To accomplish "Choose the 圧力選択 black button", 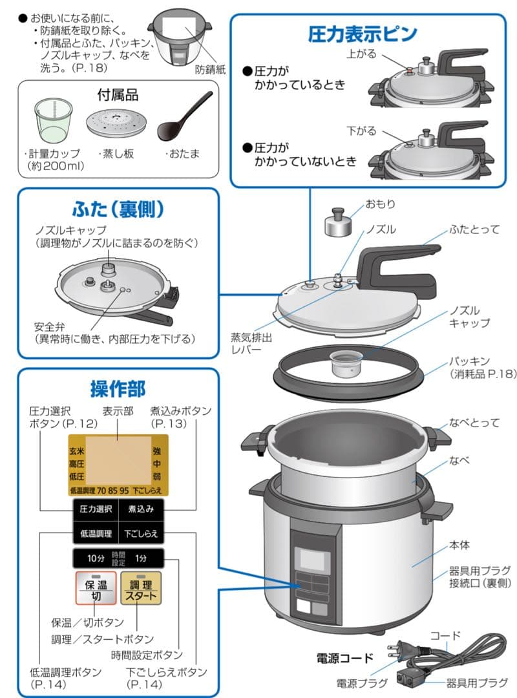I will [x=95, y=509].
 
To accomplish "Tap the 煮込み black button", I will [x=141, y=509].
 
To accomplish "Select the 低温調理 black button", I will [x=95, y=533].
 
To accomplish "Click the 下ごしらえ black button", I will [x=141, y=533].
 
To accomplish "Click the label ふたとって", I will [x=474, y=229].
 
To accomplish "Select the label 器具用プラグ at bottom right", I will [x=477, y=682].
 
